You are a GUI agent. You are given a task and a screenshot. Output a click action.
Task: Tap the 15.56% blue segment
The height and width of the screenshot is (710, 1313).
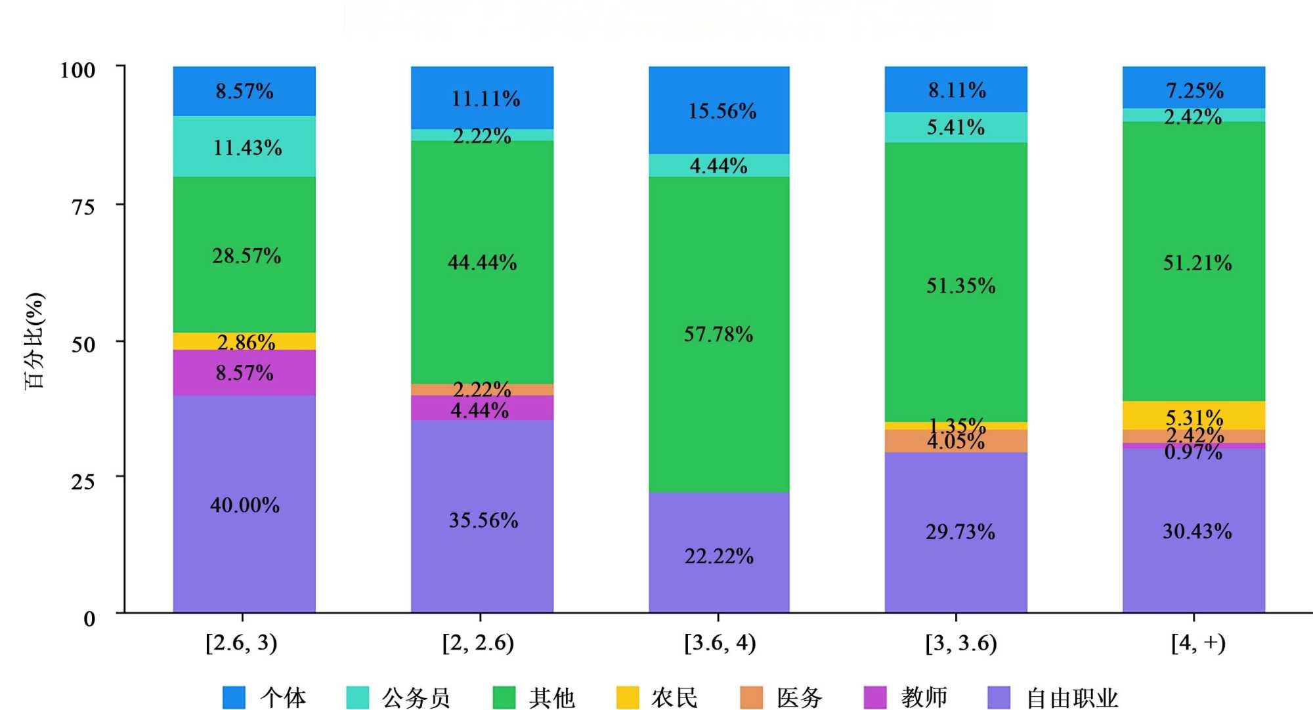click(719, 110)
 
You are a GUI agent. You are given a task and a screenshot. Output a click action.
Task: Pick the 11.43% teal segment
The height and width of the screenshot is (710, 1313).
click(244, 146)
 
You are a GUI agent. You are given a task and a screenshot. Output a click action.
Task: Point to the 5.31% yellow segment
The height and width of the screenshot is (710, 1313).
click(1194, 415)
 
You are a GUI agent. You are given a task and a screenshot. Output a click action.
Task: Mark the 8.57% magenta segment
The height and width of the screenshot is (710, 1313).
click(244, 372)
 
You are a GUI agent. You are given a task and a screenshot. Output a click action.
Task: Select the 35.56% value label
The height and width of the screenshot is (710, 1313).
click(483, 520)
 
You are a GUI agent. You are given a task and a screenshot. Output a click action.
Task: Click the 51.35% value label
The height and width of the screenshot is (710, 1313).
click(960, 285)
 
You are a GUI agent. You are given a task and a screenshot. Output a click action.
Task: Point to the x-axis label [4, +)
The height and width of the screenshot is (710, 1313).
click(1198, 642)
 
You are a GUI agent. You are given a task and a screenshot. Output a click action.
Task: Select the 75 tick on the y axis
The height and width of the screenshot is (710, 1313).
click(83, 207)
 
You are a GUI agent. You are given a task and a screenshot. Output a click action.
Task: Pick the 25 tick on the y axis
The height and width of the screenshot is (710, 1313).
click(83, 482)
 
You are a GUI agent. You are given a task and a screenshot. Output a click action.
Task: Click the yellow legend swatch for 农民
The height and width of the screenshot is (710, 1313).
click(628, 698)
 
